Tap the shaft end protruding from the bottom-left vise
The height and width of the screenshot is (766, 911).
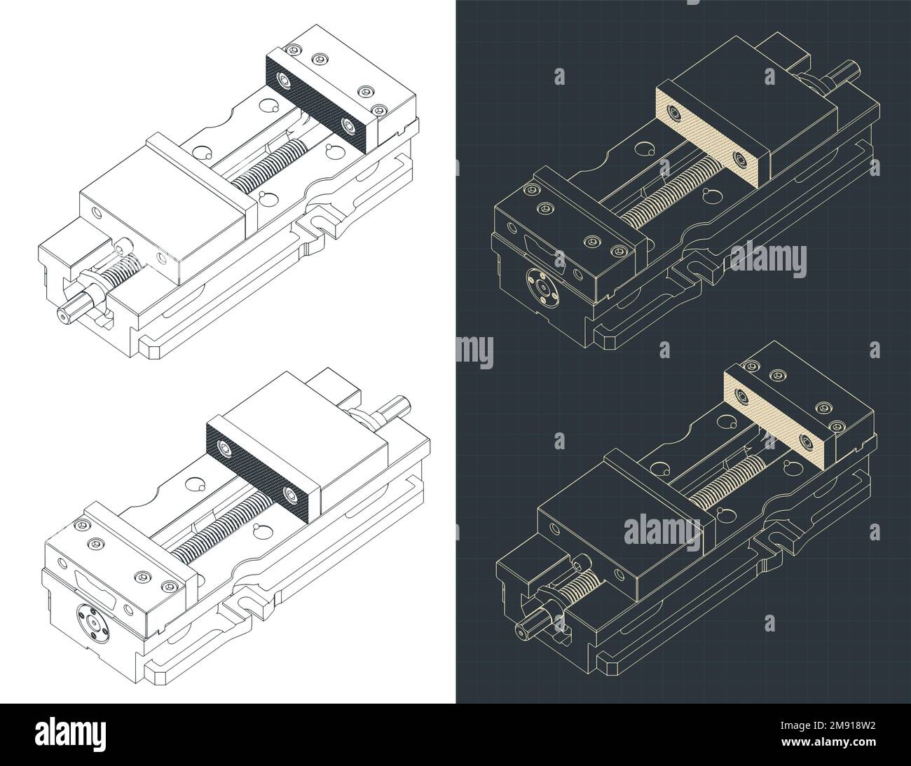coord(395,404)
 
